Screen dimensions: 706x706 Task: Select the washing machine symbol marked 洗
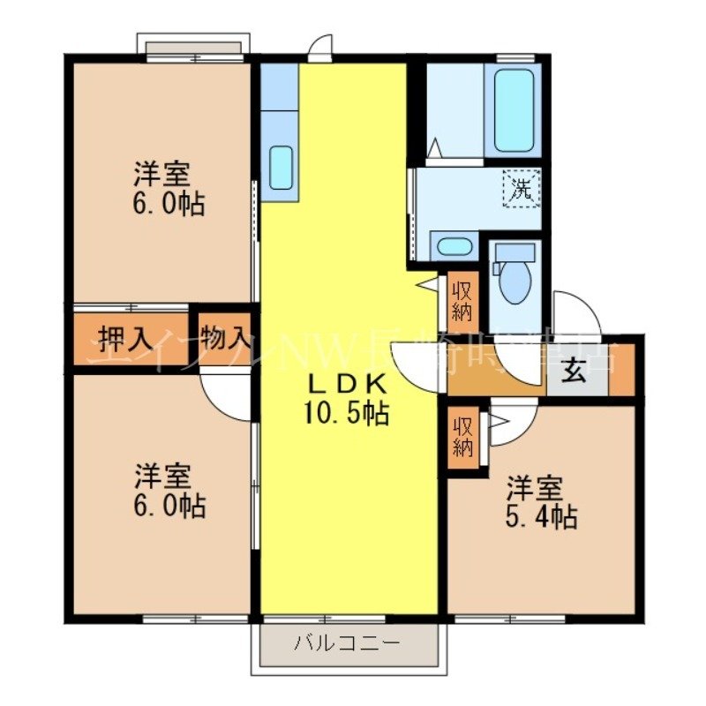[x=522, y=188]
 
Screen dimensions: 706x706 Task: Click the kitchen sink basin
[x=281, y=167]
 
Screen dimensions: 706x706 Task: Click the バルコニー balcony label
[x=348, y=642]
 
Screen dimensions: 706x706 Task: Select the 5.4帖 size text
[x=542, y=517]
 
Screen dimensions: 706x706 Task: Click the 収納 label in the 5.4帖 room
[x=463, y=436]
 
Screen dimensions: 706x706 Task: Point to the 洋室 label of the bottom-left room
[x=162, y=477]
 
